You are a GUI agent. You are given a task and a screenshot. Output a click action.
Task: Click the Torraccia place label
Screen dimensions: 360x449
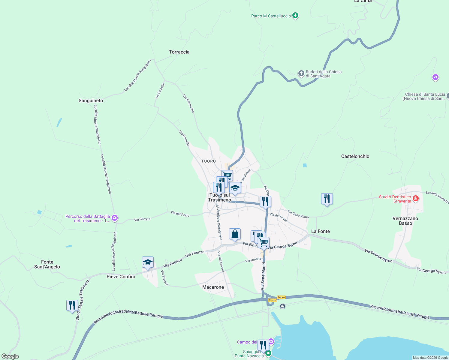pyautogui.click(x=179, y=52)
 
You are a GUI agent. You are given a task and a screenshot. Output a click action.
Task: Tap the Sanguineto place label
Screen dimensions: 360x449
pyautogui.click(x=91, y=100)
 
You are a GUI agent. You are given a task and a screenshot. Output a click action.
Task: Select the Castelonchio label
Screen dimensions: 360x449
pyautogui.click(x=355, y=156)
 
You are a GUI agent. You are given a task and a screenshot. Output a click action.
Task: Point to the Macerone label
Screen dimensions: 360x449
pyautogui.click(x=213, y=287)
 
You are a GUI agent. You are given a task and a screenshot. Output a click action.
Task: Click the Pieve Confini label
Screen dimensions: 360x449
pyautogui.click(x=121, y=277)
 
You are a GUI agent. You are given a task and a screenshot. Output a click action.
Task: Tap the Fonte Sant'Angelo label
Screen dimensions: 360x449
pyautogui.click(x=47, y=264)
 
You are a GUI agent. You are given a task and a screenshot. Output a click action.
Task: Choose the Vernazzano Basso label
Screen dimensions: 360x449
pyautogui.click(x=405, y=221)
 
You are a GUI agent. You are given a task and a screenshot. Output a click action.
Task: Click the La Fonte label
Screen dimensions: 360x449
pyautogui.click(x=320, y=231)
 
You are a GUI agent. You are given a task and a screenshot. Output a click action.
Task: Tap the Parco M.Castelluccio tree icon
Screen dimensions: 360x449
pyautogui.click(x=295, y=15)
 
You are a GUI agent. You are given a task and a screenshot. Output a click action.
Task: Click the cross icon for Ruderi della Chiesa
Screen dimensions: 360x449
pyautogui.click(x=301, y=73)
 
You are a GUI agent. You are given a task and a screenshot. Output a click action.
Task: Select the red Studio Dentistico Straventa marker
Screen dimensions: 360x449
pyautogui.click(x=416, y=199)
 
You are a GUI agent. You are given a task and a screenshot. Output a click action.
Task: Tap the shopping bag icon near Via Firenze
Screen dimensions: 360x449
pyautogui.click(x=235, y=234)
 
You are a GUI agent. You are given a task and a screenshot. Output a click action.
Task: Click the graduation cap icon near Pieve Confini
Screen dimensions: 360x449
pyautogui.click(x=148, y=262)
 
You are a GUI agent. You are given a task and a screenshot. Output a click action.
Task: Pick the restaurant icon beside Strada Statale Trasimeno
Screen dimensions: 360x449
pyautogui.click(x=72, y=305)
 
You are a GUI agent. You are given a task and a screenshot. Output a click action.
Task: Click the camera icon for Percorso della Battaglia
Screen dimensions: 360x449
pyautogui.click(x=114, y=218)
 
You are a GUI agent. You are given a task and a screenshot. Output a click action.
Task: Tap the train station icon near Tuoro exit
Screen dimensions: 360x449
pyautogui.click(x=282, y=306)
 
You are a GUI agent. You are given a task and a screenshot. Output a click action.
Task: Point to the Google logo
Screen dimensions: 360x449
pyautogui.click(x=10, y=356)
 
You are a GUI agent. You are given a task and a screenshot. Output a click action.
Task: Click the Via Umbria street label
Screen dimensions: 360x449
pyautogui.click(x=253, y=260)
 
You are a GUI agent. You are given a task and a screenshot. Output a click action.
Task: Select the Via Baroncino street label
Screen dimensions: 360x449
pyautogui.click(x=188, y=103)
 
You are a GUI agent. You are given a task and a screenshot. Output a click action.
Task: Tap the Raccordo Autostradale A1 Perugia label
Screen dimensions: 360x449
pyautogui.click(x=399, y=312)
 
